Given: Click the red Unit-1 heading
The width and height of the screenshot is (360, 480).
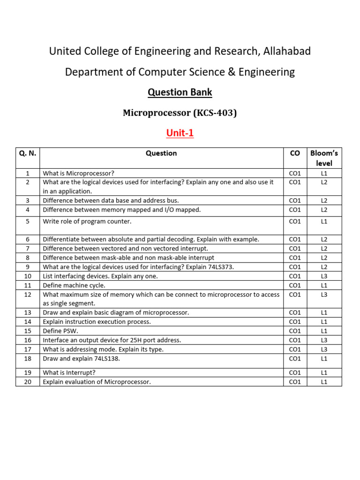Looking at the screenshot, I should coord(180,134).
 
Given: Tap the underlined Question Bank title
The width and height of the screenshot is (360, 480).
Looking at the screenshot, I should coord(180,92).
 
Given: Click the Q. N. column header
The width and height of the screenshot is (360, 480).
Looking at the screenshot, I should coord(28,153).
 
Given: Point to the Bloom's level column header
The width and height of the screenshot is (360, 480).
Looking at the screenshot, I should coord(324,158).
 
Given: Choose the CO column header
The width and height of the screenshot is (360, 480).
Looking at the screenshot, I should coord(295,153).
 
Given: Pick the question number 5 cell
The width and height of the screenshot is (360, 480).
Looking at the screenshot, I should coord(28,221).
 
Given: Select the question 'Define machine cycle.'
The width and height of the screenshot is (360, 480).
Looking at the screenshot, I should coord(74,285).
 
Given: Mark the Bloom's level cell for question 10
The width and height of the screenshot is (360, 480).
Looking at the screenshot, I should coord(324,276).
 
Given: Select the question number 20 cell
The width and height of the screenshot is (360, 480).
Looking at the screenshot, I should coord(28,382).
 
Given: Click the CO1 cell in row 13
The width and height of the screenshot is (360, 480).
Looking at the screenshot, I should coord(295,313).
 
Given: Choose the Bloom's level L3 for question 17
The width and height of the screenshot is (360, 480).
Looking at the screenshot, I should coord(324,349).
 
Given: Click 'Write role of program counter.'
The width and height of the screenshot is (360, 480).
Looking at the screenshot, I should coord(87,221).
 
